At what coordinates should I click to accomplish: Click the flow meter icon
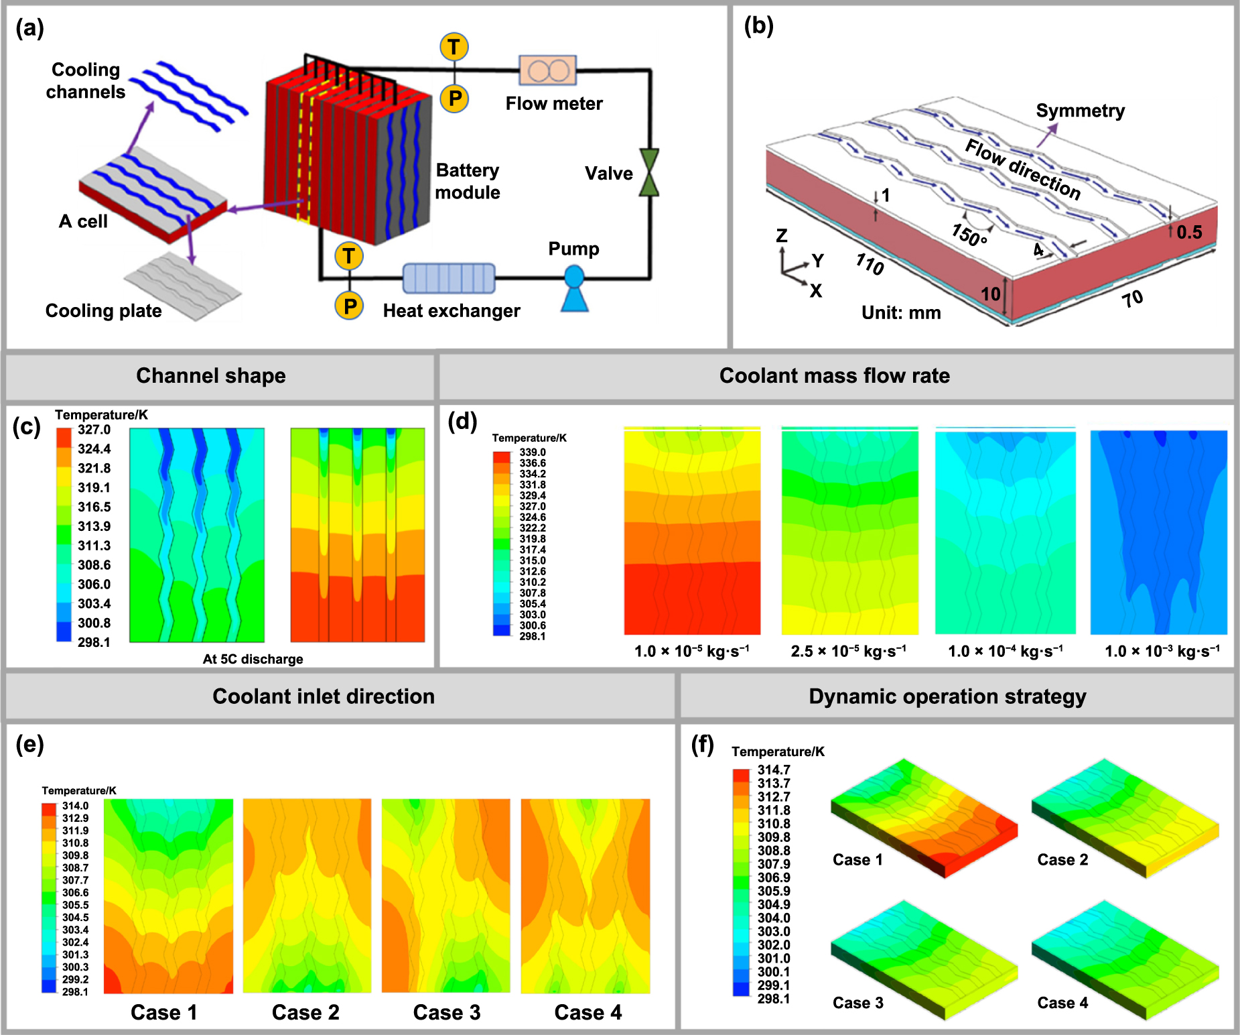[547, 70]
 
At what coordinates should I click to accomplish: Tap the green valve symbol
[648, 172]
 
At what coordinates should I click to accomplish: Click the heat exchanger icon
[449, 278]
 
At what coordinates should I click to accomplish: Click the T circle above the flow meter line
[454, 47]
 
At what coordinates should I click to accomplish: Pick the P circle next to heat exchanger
[349, 306]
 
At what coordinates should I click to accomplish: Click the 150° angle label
[969, 235]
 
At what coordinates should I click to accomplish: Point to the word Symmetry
[1080, 111]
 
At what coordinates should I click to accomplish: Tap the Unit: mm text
[901, 312]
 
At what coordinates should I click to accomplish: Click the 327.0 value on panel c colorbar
[94, 430]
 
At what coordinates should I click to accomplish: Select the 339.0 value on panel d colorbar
[533, 452]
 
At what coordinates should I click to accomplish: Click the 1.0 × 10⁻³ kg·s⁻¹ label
[1162, 651]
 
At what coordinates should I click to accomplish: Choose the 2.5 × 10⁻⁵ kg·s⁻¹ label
[848, 651]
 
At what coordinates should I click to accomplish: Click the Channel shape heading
[211, 375]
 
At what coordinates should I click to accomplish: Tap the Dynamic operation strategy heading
[947, 696]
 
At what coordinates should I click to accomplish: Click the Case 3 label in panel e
[447, 1012]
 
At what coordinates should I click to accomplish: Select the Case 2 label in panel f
[1062, 859]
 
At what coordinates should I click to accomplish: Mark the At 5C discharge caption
[253, 659]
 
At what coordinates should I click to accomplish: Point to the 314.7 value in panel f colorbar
[774, 770]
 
